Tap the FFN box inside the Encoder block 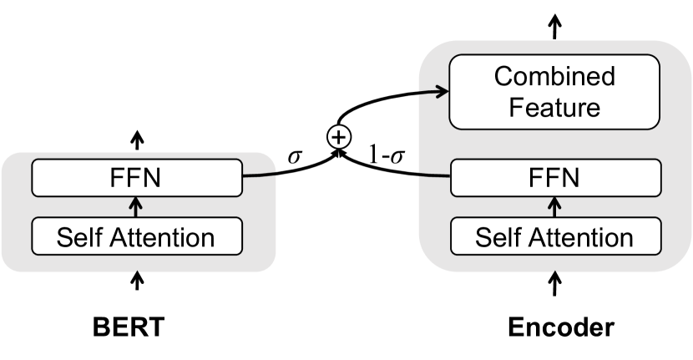pos(555,176)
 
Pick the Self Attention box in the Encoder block pos(555,236)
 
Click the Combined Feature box pos(555,91)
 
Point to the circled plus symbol pos(337,139)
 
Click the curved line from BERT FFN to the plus pos(284,172)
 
